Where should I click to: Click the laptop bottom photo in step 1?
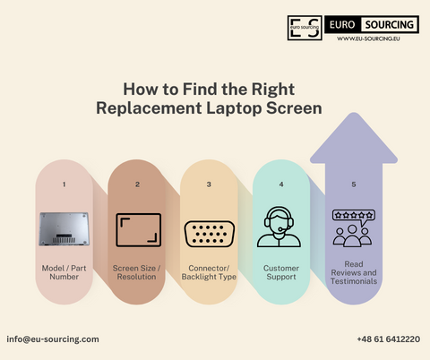point(64,228)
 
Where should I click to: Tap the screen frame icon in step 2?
point(138,228)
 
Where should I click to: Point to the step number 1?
point(64,184)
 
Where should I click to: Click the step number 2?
point(138,184)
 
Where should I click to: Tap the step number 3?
point(209,184)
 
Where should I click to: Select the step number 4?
point(280,184)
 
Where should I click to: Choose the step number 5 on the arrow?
point(353,184)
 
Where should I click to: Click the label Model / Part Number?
point(64,272)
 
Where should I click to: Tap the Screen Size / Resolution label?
point(138,272)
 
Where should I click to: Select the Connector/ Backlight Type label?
point(209,272)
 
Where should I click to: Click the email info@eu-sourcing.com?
point(53,339)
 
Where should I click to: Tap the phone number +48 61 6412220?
point(388,339)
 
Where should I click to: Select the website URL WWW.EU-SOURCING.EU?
point(368,39)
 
